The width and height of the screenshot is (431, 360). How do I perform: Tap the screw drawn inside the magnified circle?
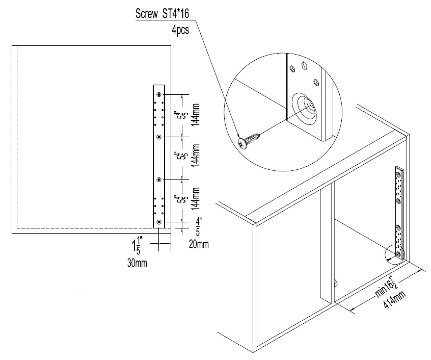(x=249, y=140)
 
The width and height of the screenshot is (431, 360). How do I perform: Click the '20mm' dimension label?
(x=199, y=244)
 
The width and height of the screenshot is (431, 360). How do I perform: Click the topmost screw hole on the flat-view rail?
(x=159, y=95)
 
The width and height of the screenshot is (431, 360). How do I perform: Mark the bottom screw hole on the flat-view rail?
(x=159, y=222)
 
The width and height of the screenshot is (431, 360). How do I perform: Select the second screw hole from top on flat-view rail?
(x=159, y=137)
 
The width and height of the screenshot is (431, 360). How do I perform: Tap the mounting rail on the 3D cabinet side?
(x=398, y=209)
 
